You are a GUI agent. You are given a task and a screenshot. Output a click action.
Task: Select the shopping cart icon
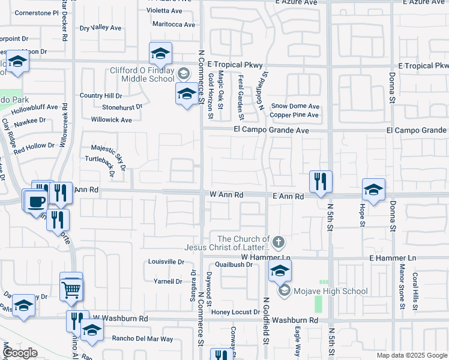71,290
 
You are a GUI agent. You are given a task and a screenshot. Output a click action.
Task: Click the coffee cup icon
36,200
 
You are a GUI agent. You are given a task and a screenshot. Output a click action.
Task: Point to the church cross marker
277,243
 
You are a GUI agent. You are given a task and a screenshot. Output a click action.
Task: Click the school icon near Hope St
373,191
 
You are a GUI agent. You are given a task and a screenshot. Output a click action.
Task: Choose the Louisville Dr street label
166,262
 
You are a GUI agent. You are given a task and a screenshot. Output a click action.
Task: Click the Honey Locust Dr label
235,312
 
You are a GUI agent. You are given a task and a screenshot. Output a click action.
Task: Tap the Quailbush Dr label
240,264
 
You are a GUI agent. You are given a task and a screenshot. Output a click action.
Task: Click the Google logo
20,353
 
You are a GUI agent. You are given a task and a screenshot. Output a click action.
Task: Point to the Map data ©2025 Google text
412,355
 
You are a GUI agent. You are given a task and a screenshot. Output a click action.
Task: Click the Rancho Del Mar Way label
143,339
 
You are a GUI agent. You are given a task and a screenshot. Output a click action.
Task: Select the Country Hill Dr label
101,95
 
